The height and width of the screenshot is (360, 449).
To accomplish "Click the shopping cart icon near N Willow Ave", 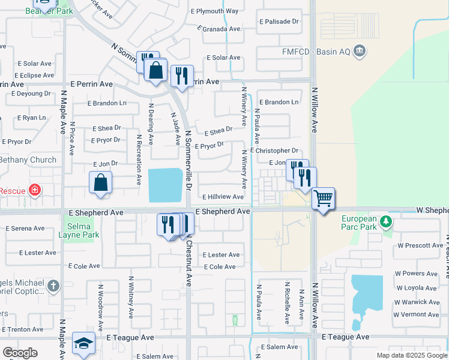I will [x=323, y=198].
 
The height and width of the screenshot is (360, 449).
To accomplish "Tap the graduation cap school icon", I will [x=83, y=343].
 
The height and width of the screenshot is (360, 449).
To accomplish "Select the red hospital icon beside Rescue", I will [x=35, y=191].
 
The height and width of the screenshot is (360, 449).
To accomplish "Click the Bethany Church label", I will [x=28, y=160].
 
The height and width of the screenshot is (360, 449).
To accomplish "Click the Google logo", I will [x=20, y=353].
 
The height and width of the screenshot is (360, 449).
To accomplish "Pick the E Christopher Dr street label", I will [x=274, y=151].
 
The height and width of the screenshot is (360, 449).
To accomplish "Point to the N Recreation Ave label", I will [x=139, y=159].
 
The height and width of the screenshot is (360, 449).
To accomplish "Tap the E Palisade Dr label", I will [x=279, y=22].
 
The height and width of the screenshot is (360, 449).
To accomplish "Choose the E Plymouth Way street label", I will [x=214, y=11].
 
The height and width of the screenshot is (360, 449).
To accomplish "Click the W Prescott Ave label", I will [x=420, y=245].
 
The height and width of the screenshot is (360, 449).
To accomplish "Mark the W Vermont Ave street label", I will [x=416, y=314].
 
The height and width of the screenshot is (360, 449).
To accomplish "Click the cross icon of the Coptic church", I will [x=53, y=286].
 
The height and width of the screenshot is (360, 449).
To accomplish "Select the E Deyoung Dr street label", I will [x=31, y=94].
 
